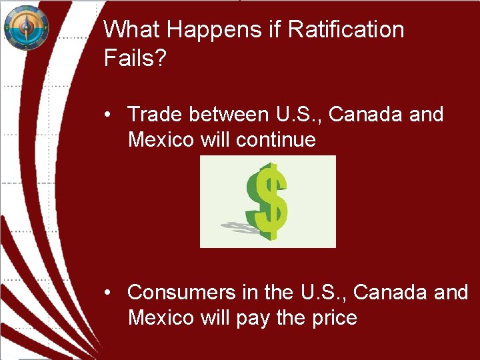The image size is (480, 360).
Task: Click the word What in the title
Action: (x=129, y=30)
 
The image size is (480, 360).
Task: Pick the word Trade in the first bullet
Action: (x=155, y=115)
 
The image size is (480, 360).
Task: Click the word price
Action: (x=334, y=318)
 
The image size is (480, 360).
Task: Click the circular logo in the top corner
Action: (x=26, y=27)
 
